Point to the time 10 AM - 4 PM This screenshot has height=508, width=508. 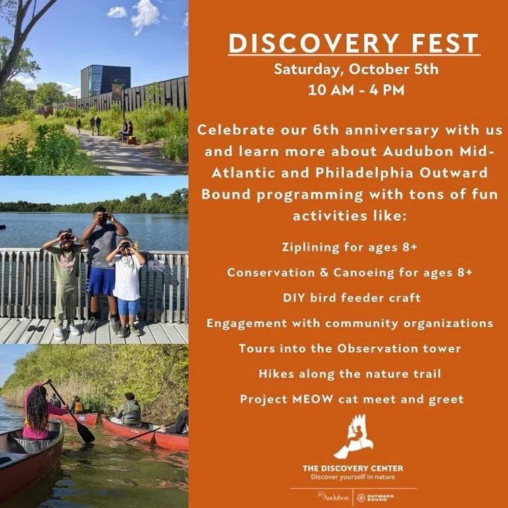pos(348,90)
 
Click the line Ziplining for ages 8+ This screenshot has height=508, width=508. pos(349,247)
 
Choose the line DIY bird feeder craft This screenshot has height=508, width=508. pos(349,298)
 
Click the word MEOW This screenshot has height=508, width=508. pos(312,399)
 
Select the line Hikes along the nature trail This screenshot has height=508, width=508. pos(349,373)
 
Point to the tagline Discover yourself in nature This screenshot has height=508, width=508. pos(353,477)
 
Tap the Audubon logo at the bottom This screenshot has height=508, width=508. pos(335,497)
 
